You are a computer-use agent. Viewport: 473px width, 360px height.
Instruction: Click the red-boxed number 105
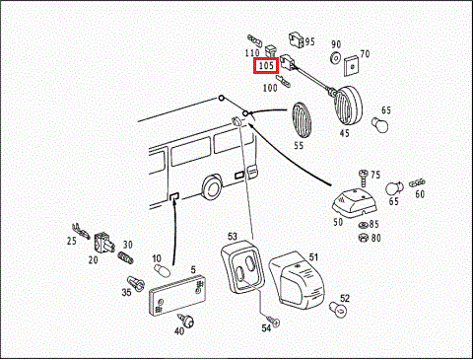266,66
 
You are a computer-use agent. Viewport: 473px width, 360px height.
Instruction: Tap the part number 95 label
309,41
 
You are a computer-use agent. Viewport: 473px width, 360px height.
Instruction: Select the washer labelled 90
335,58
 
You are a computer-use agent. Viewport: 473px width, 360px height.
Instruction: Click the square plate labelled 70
352,67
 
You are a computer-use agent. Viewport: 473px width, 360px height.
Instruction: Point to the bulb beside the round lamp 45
380,125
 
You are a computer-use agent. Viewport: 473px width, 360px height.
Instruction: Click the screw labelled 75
364,179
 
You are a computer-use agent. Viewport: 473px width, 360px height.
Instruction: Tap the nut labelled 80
363,237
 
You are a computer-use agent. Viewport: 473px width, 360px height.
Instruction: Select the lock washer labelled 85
363,225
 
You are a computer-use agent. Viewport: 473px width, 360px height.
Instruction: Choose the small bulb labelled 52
338,310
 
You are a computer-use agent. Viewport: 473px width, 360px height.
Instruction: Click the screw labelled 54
273,321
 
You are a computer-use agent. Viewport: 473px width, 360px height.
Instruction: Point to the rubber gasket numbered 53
242,267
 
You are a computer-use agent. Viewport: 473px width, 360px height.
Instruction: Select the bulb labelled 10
163,270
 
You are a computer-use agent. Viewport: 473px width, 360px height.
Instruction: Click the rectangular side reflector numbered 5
177,296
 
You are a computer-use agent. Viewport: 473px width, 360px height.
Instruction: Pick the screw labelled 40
186,321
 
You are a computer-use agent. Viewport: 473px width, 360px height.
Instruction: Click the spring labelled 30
126,257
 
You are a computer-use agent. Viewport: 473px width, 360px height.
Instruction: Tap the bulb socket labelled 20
104,243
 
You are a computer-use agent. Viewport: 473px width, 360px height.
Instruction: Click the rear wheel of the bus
211,187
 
